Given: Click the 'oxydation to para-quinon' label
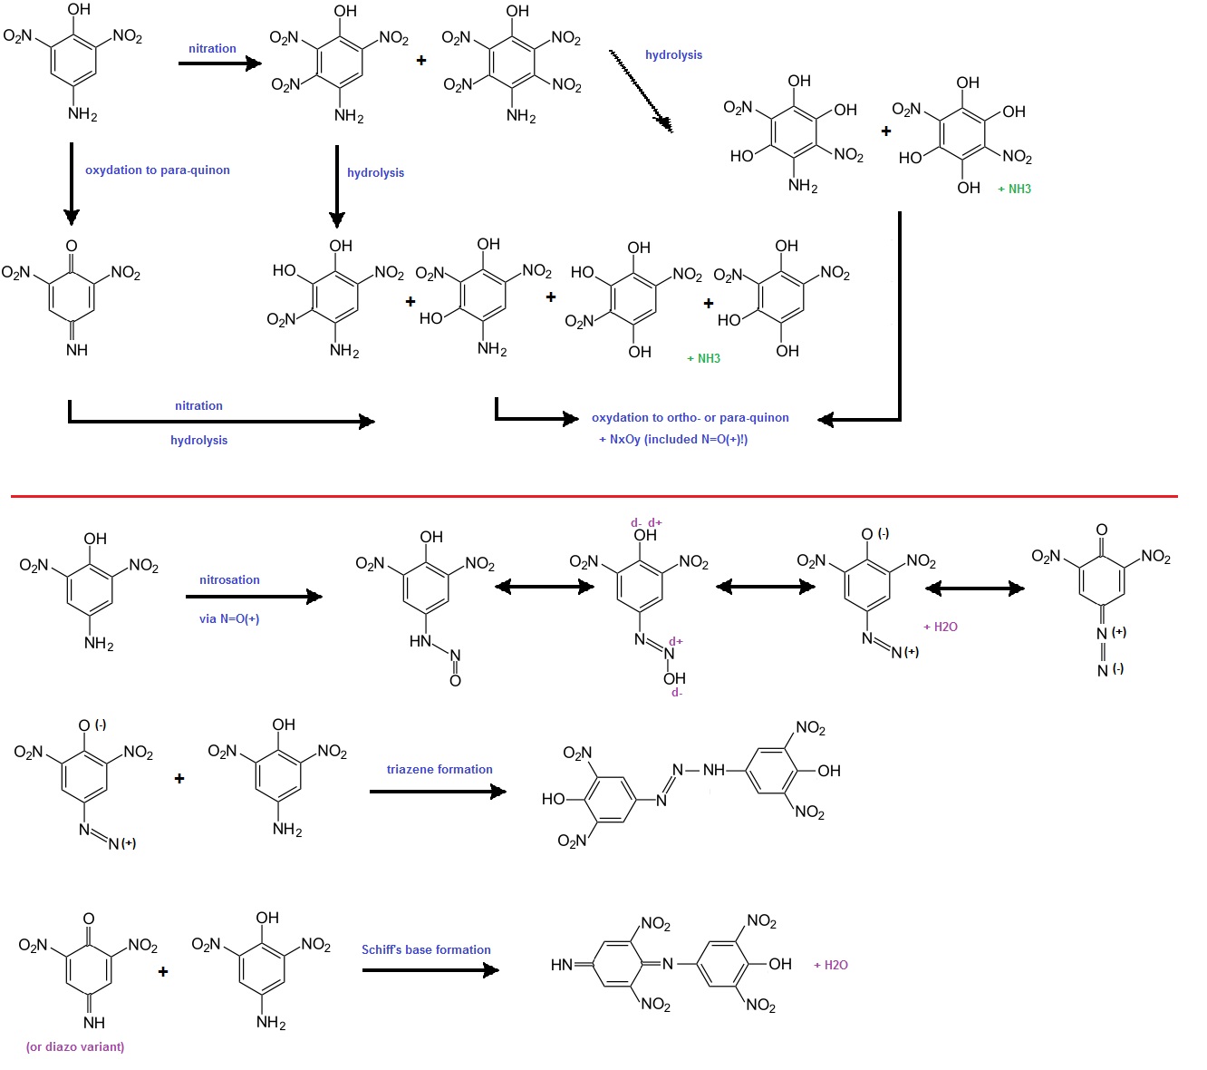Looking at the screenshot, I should point(157,170).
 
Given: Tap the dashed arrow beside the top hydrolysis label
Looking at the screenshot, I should point(641,92).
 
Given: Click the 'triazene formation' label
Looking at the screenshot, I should point(439,769).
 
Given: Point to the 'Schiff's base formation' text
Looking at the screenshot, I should point(426,949).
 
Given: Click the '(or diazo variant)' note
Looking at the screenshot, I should point(75,1046).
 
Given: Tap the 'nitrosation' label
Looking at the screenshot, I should point(229,579).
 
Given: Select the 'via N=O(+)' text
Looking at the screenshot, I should point(229,618).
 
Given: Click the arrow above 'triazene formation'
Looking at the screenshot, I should point(438,792).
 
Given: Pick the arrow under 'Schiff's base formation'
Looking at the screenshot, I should point(430,970).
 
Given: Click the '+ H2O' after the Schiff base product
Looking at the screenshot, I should point(831,965).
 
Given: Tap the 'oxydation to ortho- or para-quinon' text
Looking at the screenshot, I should point(690,417).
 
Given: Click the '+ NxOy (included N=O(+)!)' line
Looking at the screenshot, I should point(673,439).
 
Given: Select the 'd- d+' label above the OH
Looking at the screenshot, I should point(646,522).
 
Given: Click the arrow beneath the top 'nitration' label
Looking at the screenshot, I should point(219,63).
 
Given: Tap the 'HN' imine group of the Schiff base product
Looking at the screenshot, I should point(562,965).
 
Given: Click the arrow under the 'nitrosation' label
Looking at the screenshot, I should point(254,597).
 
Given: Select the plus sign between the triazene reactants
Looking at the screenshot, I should point(179,778).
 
